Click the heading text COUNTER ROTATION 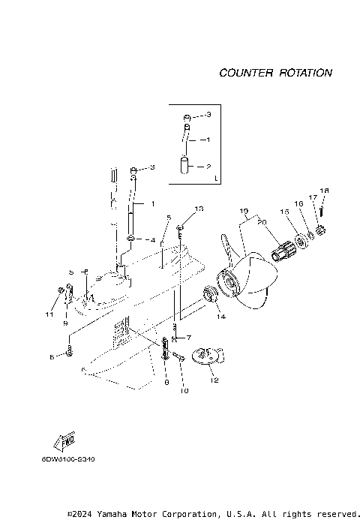(275, 73)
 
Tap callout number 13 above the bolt (199, 208)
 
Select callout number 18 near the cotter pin (324, 191)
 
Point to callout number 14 (221, 317)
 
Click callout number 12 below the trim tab (214, 380)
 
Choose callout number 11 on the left (49, 314)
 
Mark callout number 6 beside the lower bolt (52, 357)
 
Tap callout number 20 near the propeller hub (262, 221)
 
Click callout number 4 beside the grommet (154, 240)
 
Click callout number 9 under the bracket (65, 323)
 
